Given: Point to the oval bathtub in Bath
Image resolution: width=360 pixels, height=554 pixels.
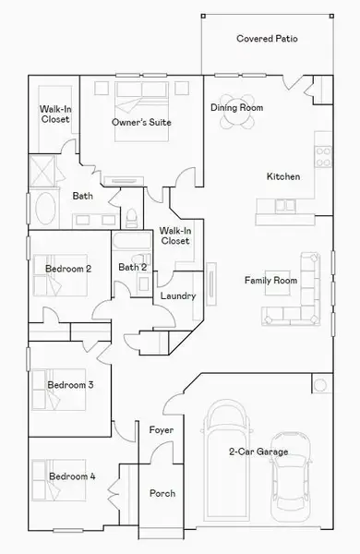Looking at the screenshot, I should (x=42, y=207).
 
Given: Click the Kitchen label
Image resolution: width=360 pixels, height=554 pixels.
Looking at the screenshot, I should (x=282, y=176).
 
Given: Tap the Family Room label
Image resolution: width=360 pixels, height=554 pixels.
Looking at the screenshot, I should (x=270, y=280).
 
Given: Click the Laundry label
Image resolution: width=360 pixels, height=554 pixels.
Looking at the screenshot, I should (x=176, y=295).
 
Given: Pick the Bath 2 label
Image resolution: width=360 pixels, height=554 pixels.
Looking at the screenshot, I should (x=133, y=268).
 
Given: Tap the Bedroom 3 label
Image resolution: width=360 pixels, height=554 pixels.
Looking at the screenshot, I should (x=69, y=384).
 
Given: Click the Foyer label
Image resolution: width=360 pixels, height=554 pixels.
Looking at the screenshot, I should (x=162, y=429).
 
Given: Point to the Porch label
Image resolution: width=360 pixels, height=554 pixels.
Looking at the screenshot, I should (x=162, y=493).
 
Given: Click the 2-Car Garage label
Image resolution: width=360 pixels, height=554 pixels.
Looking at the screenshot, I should (x=258, y=452).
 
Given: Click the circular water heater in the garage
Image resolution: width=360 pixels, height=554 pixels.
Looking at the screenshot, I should (x=319, y=384).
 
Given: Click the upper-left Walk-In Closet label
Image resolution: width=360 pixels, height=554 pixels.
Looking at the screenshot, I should (x=54, y=114).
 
